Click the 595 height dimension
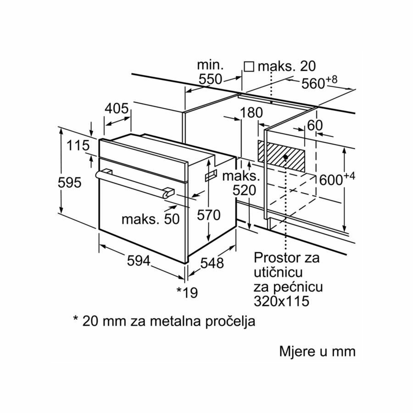click(70, 183)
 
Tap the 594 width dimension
click(138, 261)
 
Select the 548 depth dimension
click(212, 263)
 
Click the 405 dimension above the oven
click(116, 109)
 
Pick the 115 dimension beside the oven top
click(77, 146)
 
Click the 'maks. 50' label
click(150, 219)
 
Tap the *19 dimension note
click(187, 292)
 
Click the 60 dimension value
click(315, 125)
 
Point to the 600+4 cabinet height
click(338, 180)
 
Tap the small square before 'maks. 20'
click(249, 67)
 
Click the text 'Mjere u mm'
click(318, 352)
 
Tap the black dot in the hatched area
click(286, 157)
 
